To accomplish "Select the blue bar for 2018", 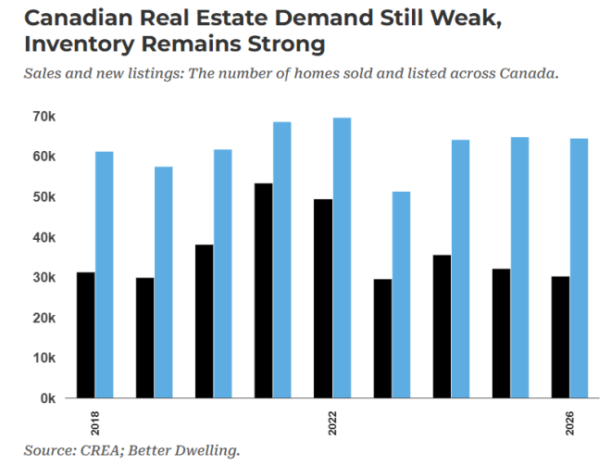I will point(104,274).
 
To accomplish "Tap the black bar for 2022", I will point(323,298).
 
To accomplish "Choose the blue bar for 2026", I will point(580,268).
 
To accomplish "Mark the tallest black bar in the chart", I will point(264,290).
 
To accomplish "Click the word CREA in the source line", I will point(103,451).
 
